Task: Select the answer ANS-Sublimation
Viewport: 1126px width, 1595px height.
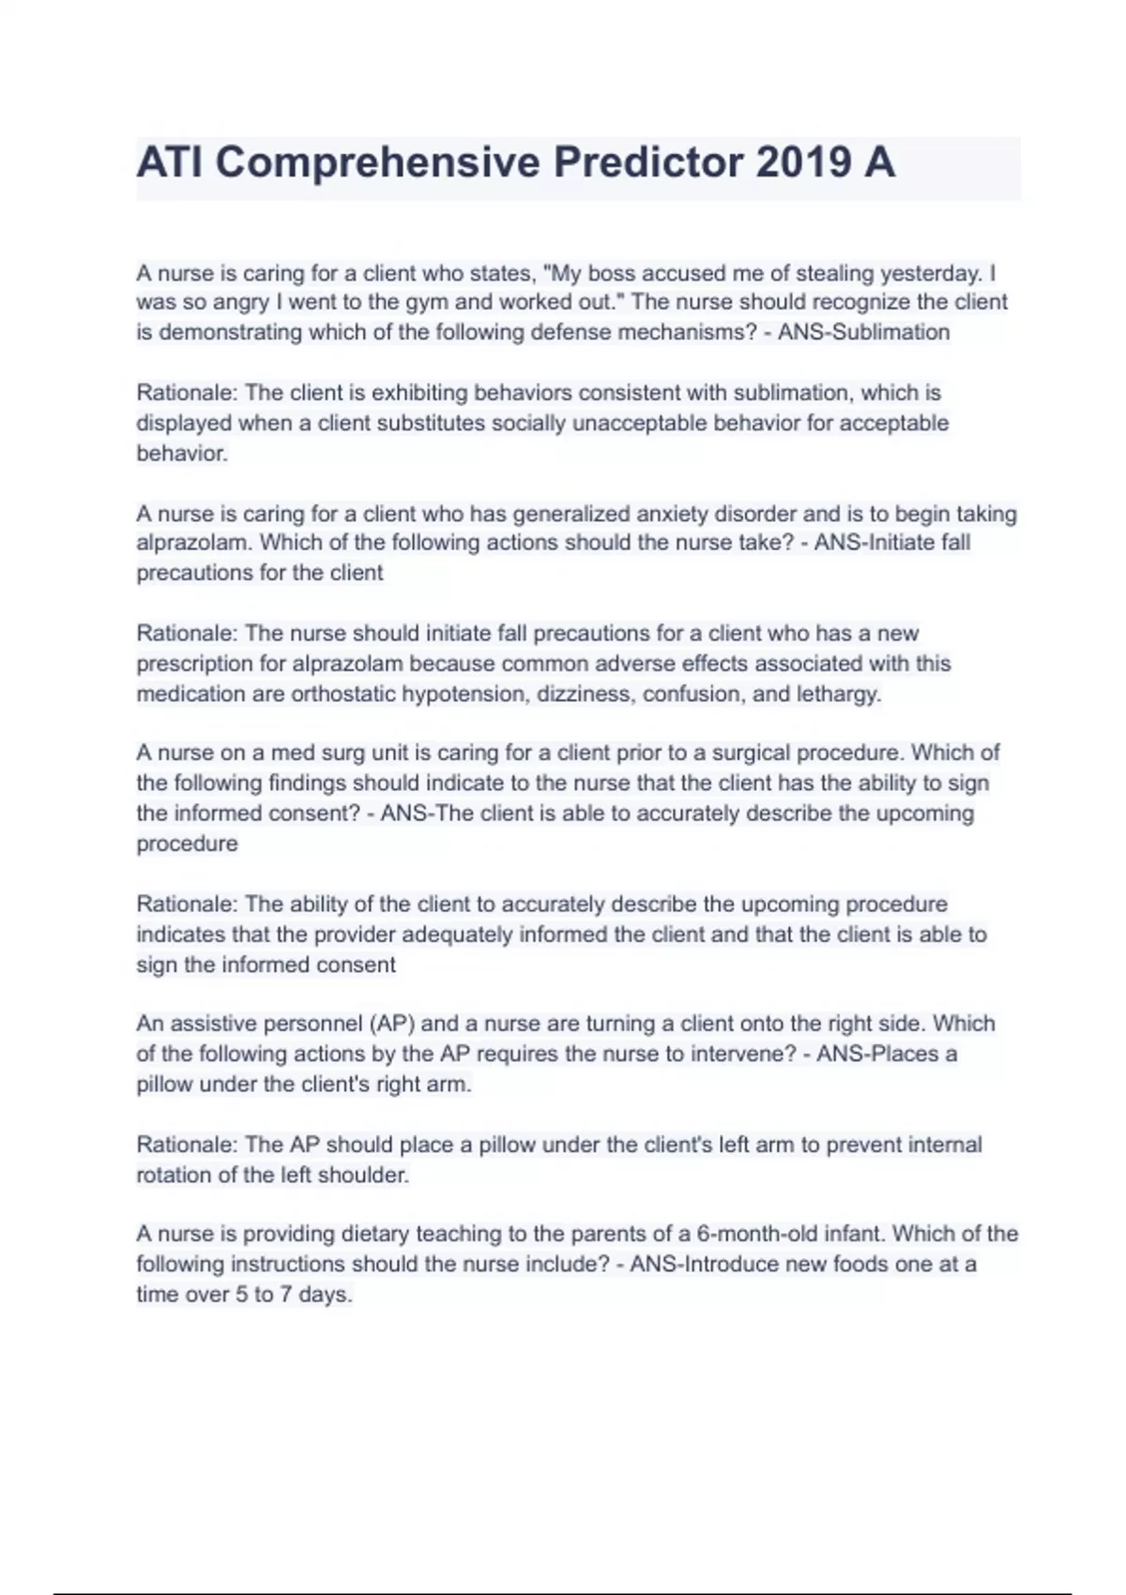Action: point(863,332)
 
